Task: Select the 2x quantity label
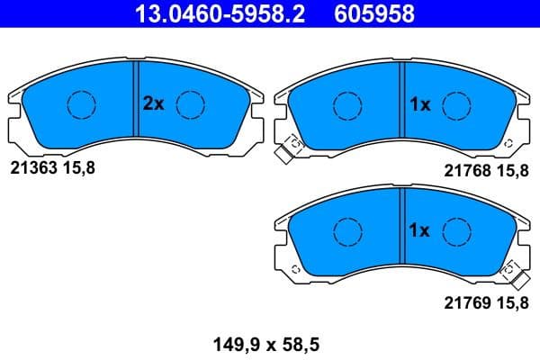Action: point(154,104)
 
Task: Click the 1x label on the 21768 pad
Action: point(420,104)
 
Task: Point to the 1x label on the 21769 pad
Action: point(420,231)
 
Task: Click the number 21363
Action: point(32,167)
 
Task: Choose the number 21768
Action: point(466,170)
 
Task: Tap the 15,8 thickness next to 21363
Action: point(77,167)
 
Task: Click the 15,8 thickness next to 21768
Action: point(510,170)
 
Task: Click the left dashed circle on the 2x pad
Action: point(82,104)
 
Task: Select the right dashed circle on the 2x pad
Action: point(190,104)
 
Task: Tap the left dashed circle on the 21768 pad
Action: point(347,104)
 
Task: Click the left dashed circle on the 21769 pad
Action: point(347,231)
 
